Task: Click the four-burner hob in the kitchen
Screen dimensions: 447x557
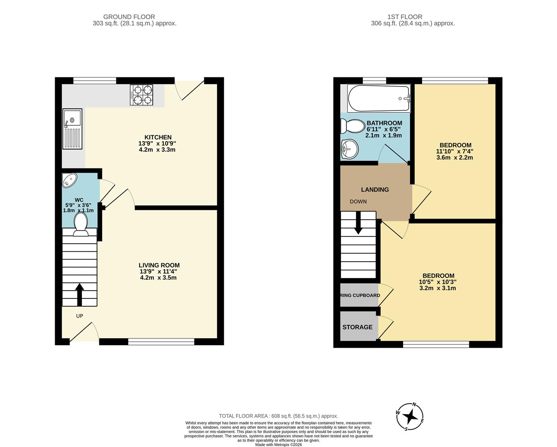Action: [142, 95]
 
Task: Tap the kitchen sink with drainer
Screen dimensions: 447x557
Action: [72, 129]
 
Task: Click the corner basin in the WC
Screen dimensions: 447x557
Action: [69, 180]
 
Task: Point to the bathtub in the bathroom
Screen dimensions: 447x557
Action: [379, 99]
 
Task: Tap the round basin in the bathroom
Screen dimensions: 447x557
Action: [350, 148]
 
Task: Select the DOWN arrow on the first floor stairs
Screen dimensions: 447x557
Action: [358, 222]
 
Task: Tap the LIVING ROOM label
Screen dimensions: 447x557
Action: [159, 265]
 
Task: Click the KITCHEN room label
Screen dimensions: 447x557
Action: [158, 137]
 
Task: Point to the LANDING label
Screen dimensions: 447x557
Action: [375, 190]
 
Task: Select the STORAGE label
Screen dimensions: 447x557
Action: [357, 327]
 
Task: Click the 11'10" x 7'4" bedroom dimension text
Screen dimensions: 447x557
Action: [455, 151]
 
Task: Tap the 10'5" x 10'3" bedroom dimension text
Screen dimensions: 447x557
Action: [438, 282]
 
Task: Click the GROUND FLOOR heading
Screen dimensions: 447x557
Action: [129, 17]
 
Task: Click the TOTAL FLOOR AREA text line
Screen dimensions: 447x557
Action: [278, 416]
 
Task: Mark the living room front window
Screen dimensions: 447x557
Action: [161, 341]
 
